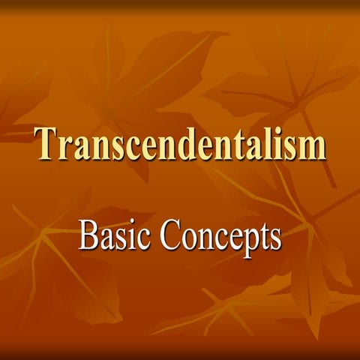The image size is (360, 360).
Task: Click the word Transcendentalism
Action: [x=180, y=144]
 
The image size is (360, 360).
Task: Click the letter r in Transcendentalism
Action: [x=67, y=147]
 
